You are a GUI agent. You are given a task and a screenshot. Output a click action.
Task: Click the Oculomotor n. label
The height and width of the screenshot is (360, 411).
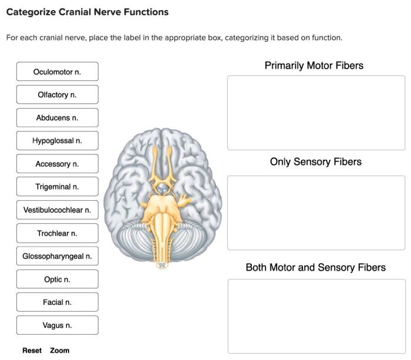[x=57, y=72]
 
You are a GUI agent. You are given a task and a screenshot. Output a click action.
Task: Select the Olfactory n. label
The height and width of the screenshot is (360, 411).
[x=57, y=95]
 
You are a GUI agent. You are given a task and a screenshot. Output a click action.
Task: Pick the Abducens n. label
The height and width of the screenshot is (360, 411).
[x=57, y=118]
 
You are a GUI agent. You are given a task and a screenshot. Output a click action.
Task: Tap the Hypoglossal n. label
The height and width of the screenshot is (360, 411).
[x=57, y=141]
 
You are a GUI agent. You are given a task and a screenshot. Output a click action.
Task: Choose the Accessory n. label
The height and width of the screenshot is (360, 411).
[x=57, y=164]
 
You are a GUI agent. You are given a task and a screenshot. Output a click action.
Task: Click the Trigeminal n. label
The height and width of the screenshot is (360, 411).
[x=57, y=187]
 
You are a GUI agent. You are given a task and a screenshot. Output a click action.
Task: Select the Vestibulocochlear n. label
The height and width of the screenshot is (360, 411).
[x=57, y=210]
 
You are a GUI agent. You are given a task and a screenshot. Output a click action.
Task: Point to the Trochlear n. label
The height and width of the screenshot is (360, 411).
[x=57, y=233]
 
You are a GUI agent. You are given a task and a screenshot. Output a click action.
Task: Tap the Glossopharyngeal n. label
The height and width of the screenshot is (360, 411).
[x=57, y=256]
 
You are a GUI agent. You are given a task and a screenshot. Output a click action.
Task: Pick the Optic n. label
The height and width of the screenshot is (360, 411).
[x=57, y=280]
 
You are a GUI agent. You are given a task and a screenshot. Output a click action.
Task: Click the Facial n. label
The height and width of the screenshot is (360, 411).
[x=57, y=302]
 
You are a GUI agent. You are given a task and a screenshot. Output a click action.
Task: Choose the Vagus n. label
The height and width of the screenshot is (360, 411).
[x=57, y=325]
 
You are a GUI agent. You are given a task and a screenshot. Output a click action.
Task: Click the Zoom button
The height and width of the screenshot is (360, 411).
[x=59, y=351]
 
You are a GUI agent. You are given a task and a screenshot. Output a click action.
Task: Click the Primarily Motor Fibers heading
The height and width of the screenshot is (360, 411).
[x=314, y=66]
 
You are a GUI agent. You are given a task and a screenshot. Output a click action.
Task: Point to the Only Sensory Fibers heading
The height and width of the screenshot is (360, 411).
[x=315, y=162]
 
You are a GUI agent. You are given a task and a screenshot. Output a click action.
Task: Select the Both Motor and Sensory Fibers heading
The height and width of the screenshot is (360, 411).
[x=315, y=268]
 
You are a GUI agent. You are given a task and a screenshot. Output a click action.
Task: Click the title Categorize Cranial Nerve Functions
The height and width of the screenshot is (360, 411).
[x=87, y=12]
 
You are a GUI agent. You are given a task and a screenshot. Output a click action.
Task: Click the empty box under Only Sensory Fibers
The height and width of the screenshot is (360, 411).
[x=316, y=213]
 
